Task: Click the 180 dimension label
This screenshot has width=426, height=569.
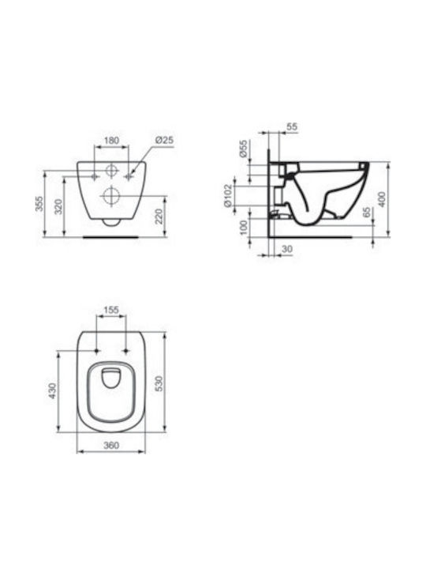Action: [x=111, y=140]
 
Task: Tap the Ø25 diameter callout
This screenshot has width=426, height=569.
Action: [x=164, y=140]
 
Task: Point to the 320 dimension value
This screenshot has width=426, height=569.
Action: [x=58, y=206]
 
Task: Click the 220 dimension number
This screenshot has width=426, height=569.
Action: [x=159, y=217]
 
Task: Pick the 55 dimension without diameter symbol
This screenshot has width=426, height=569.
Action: [x=292, y=126]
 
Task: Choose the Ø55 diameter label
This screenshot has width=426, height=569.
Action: [x=244, y=149]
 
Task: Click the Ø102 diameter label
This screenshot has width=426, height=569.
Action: [x=227, y=196]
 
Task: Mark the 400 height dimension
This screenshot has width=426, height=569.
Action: [x=382, y=199]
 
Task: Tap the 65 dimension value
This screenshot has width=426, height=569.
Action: [x=367, y=213]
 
